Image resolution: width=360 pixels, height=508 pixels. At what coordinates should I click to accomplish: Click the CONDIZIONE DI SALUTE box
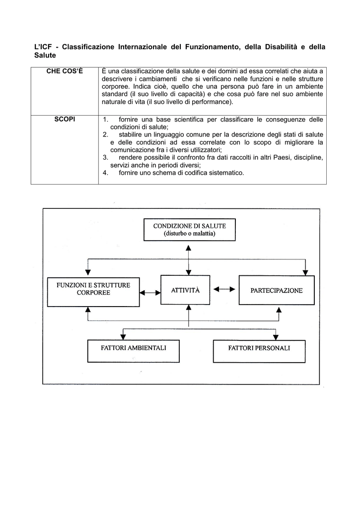point(189,230)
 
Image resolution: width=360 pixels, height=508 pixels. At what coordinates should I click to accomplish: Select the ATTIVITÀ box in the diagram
point(185,290)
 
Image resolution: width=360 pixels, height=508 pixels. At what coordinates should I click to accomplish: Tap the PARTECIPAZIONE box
point(277,290)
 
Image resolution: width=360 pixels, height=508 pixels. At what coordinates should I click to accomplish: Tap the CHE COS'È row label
point(65,71)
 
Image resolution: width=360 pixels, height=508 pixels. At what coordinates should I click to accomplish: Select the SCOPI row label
point(65,120)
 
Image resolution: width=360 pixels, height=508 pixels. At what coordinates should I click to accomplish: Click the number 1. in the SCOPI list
point(105,120)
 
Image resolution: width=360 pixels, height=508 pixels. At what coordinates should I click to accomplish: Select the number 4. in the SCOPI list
point(105,173)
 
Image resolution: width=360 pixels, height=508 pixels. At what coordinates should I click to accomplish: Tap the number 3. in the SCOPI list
point(105,158)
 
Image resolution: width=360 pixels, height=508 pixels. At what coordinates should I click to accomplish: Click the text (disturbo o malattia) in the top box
point(189,234)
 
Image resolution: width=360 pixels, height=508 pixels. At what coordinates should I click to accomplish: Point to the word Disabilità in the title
point(280,47)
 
